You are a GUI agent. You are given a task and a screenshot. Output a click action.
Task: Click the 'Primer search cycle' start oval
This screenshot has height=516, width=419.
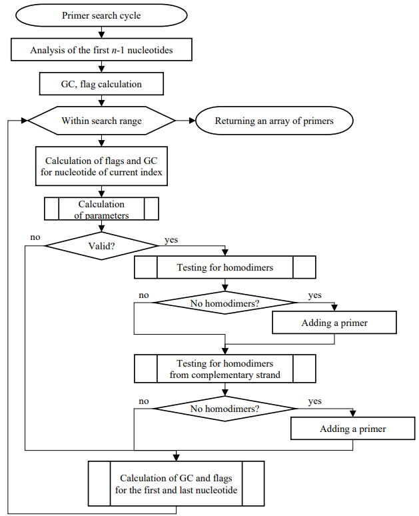pos(101,15)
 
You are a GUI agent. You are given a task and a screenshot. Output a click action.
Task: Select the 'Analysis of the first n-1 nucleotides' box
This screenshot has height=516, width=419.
pos(101,50)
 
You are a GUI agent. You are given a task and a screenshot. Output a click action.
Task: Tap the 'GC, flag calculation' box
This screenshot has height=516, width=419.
pos(101,84)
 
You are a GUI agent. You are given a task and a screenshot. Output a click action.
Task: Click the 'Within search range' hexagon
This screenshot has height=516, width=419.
pos(101,121)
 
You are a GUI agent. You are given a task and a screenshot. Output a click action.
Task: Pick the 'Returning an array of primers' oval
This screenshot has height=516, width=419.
pos(274,121)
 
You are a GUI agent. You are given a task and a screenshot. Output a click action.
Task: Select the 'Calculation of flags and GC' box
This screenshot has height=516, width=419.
pos(101,166)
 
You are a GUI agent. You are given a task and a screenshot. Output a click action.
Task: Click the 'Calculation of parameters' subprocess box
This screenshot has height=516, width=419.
pos(101,209)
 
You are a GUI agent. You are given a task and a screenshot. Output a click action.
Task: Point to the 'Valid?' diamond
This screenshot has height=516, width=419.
pos(101,246)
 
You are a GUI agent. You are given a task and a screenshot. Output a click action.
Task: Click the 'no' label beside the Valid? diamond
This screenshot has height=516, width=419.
pos(35,237)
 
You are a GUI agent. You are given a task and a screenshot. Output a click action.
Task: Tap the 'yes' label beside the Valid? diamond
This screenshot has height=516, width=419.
pos(171,240)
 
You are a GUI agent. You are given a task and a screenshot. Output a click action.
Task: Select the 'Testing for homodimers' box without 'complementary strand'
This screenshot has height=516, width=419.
pos(225,267)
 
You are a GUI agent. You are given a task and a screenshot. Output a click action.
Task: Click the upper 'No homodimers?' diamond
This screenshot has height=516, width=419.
pos(225,303)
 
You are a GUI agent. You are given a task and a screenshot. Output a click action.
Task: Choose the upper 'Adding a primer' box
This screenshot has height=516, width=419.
pos(334,323)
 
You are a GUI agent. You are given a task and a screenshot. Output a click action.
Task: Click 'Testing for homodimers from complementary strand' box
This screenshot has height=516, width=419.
pos(225,369)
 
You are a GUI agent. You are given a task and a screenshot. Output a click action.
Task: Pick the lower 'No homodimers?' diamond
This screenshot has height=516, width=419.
pos(225,409)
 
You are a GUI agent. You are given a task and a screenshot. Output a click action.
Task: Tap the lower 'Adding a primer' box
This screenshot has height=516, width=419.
pos(353,429)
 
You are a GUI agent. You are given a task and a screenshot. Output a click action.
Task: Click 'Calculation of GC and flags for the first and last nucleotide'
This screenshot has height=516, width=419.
pos(177,484)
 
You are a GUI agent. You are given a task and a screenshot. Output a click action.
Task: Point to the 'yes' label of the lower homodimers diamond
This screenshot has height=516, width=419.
pos(314,401)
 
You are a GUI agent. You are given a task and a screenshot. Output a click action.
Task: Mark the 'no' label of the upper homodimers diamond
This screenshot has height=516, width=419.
pos(144,295)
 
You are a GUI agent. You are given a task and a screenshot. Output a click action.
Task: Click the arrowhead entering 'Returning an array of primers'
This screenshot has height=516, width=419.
pos(193,121)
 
